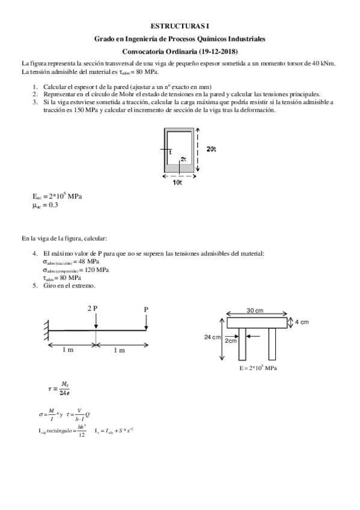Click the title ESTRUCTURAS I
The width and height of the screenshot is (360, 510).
pyautogui.click(x=180, y=26)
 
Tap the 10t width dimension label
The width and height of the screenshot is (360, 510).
pyautogui.click(x=177, y=182)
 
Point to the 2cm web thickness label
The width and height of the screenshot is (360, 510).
pyautogui.click(x=231, y=340)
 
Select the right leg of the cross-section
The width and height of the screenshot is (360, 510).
pyautogui.click(x=272, y=343)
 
